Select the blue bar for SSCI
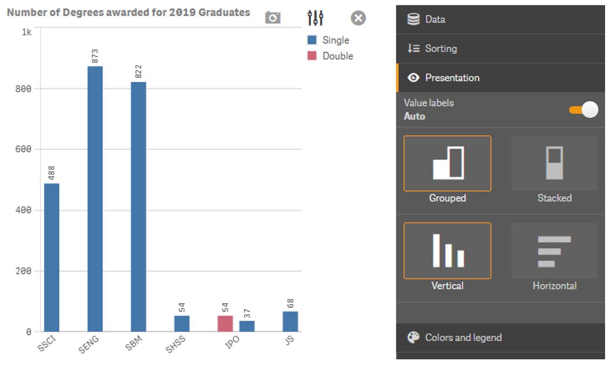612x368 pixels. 51,257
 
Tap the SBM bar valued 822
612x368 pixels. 138,206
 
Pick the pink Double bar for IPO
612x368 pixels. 225,324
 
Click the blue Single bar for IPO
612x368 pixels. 247,326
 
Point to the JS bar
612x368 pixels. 290,321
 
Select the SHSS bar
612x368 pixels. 181,324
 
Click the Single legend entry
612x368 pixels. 336,40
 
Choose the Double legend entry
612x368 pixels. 337,56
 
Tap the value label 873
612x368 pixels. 95,56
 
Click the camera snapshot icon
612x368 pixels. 273,18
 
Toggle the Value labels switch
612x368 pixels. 583,110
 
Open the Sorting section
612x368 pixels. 441,49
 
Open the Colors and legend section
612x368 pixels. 463,337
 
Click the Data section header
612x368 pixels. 435,19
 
